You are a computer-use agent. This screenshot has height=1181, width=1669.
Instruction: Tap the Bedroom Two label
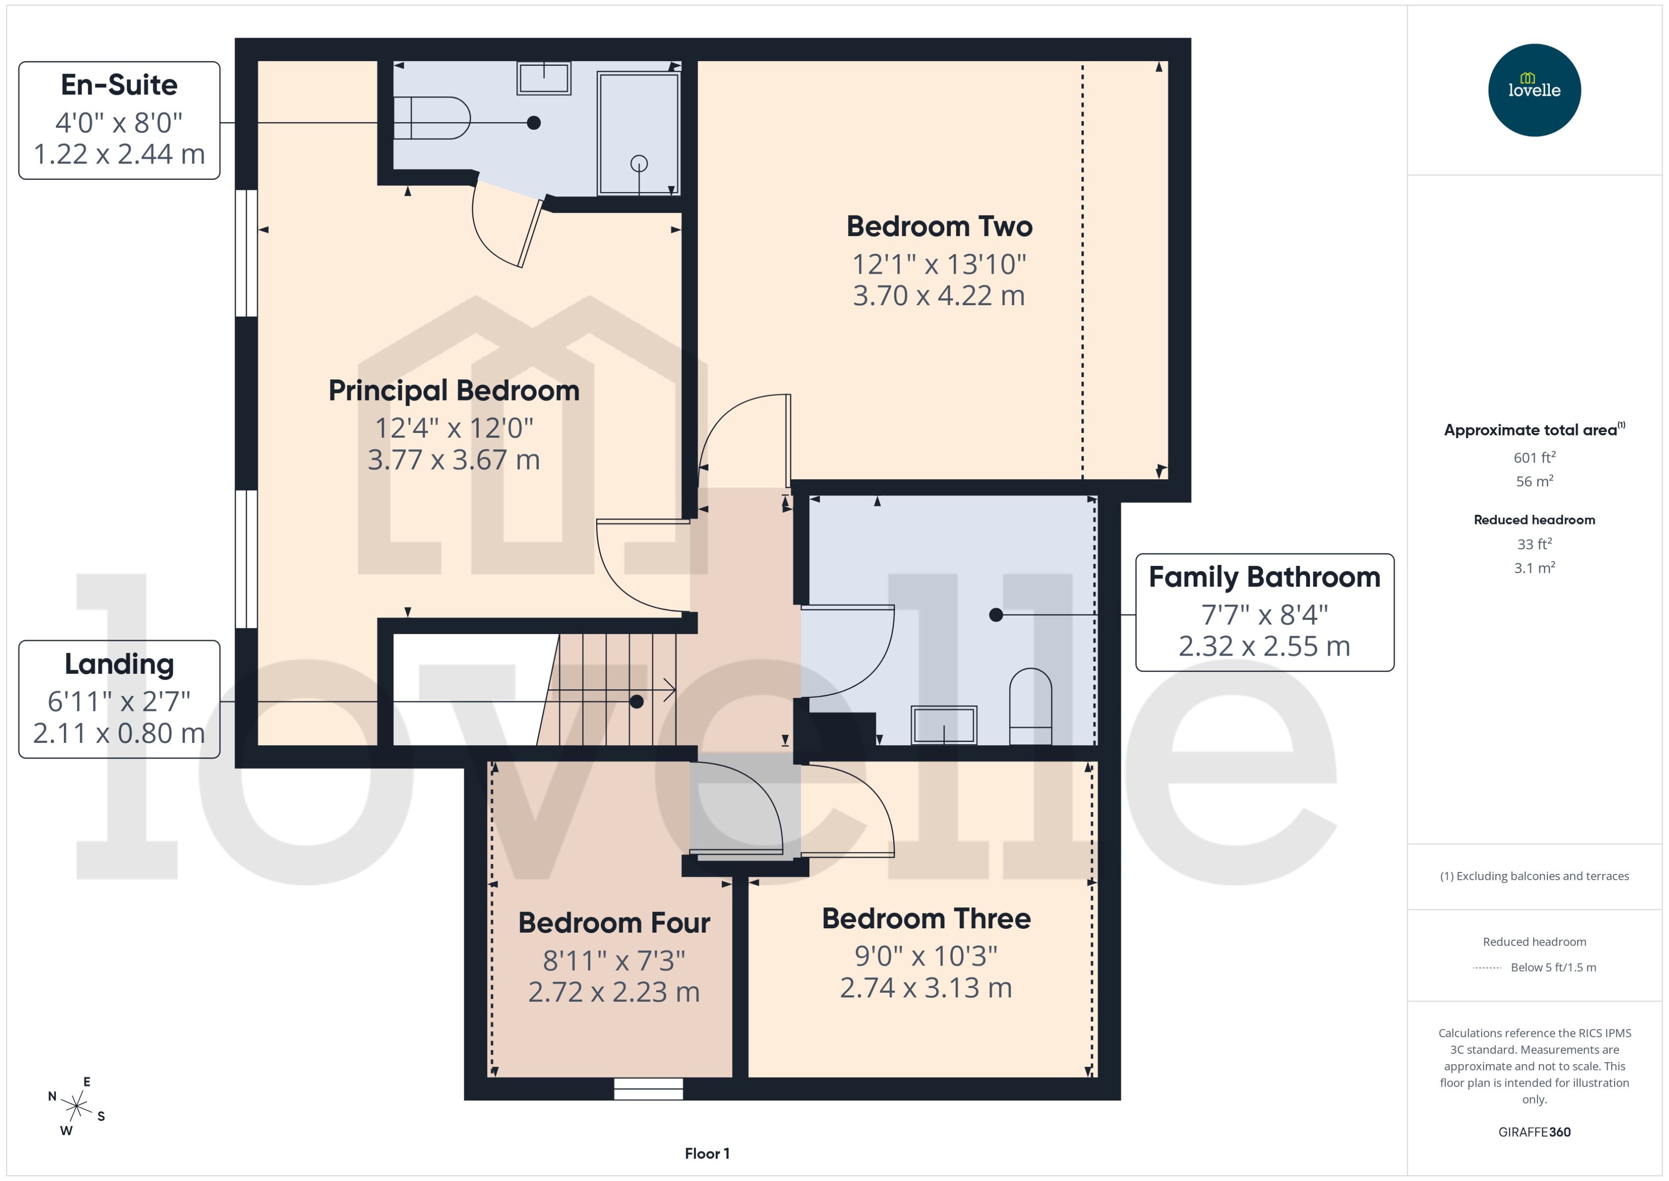click(939, 226)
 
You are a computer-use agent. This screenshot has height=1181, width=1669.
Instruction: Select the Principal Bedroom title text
click(454, 390)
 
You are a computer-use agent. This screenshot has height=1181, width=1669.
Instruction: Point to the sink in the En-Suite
click(543, 78)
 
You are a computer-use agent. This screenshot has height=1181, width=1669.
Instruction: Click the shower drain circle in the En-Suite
click(639, 163)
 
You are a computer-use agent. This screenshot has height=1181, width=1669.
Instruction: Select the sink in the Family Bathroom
click(943, 725)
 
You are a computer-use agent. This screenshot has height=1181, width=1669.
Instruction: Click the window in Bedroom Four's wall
click(648, 1088)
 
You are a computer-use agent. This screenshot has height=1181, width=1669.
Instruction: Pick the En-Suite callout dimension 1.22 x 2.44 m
click(119, 154)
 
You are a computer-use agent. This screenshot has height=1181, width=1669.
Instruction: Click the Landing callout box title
click(119, 664)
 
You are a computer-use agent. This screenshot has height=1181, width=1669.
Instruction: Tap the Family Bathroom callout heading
click(1264, 577)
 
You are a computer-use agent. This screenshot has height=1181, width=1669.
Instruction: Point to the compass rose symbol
click(76, 1107)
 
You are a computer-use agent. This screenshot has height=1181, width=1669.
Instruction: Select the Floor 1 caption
click(706, 1153)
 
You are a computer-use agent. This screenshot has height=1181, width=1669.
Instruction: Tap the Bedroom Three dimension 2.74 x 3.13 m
click(925, 987)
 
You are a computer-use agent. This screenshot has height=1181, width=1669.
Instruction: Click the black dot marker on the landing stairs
click(636, 702)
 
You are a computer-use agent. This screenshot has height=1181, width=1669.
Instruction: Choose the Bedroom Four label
click(614, 923)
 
